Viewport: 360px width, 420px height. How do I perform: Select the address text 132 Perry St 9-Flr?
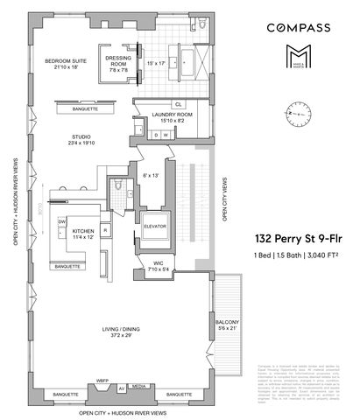294,237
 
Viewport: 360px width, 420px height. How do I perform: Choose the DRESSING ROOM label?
118,62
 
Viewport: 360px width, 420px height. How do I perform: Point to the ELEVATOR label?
155,226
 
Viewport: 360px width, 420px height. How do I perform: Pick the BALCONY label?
225,324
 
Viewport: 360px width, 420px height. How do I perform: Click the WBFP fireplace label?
102,383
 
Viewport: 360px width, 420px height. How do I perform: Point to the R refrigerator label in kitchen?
105,231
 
